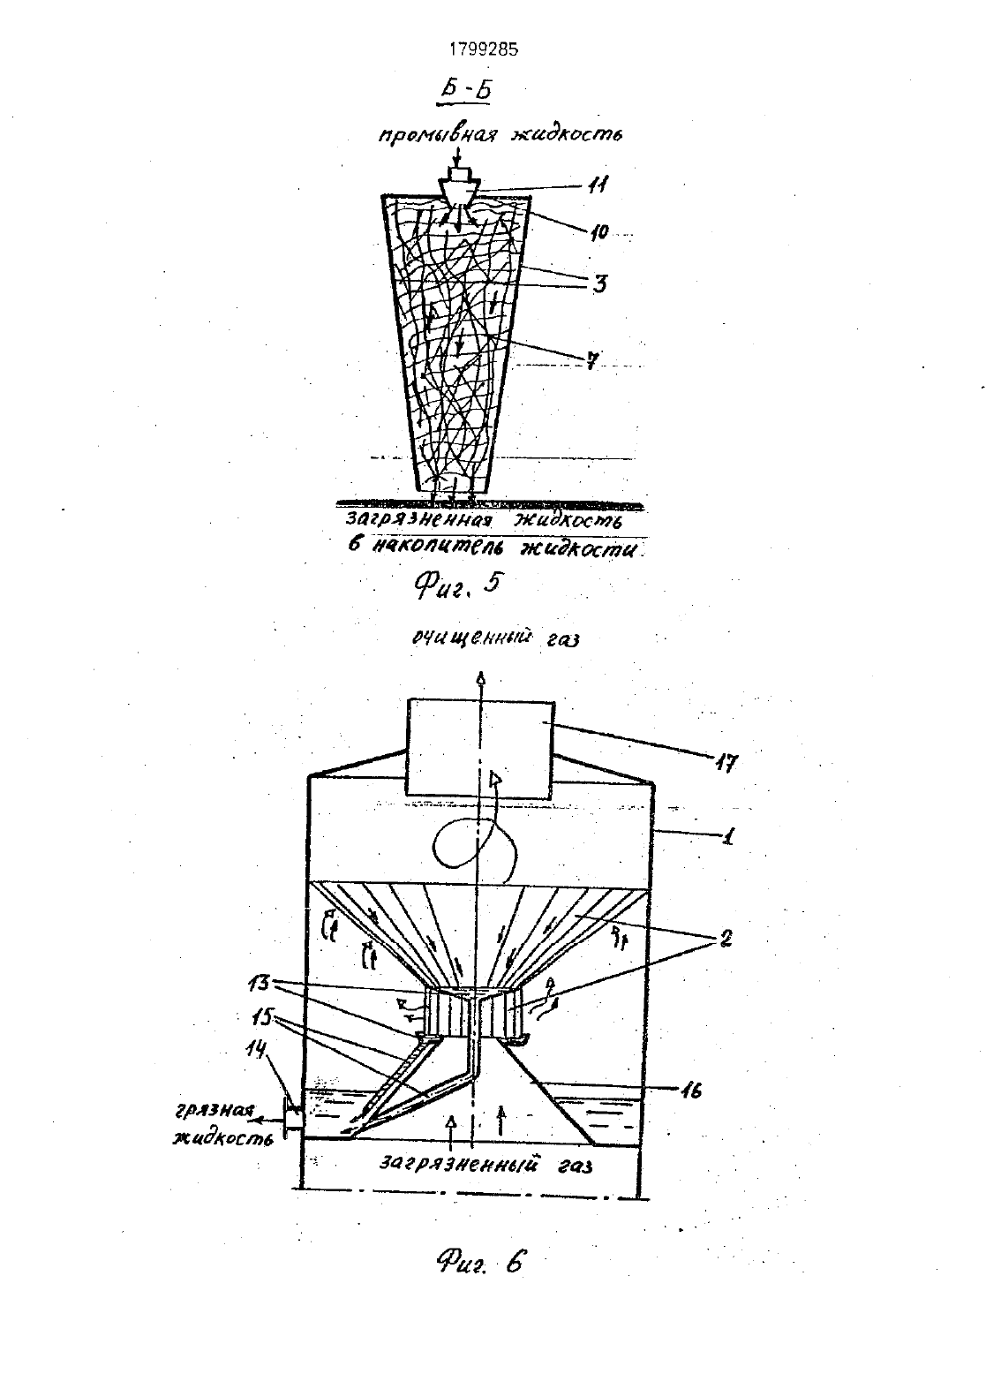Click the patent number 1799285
point(483,49)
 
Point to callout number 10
point(599,232)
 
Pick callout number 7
point(591,360)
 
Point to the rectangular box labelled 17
point(480,750)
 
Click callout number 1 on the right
point(726,836)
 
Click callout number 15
point(265,1014)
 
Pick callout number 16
point(690,1090)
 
